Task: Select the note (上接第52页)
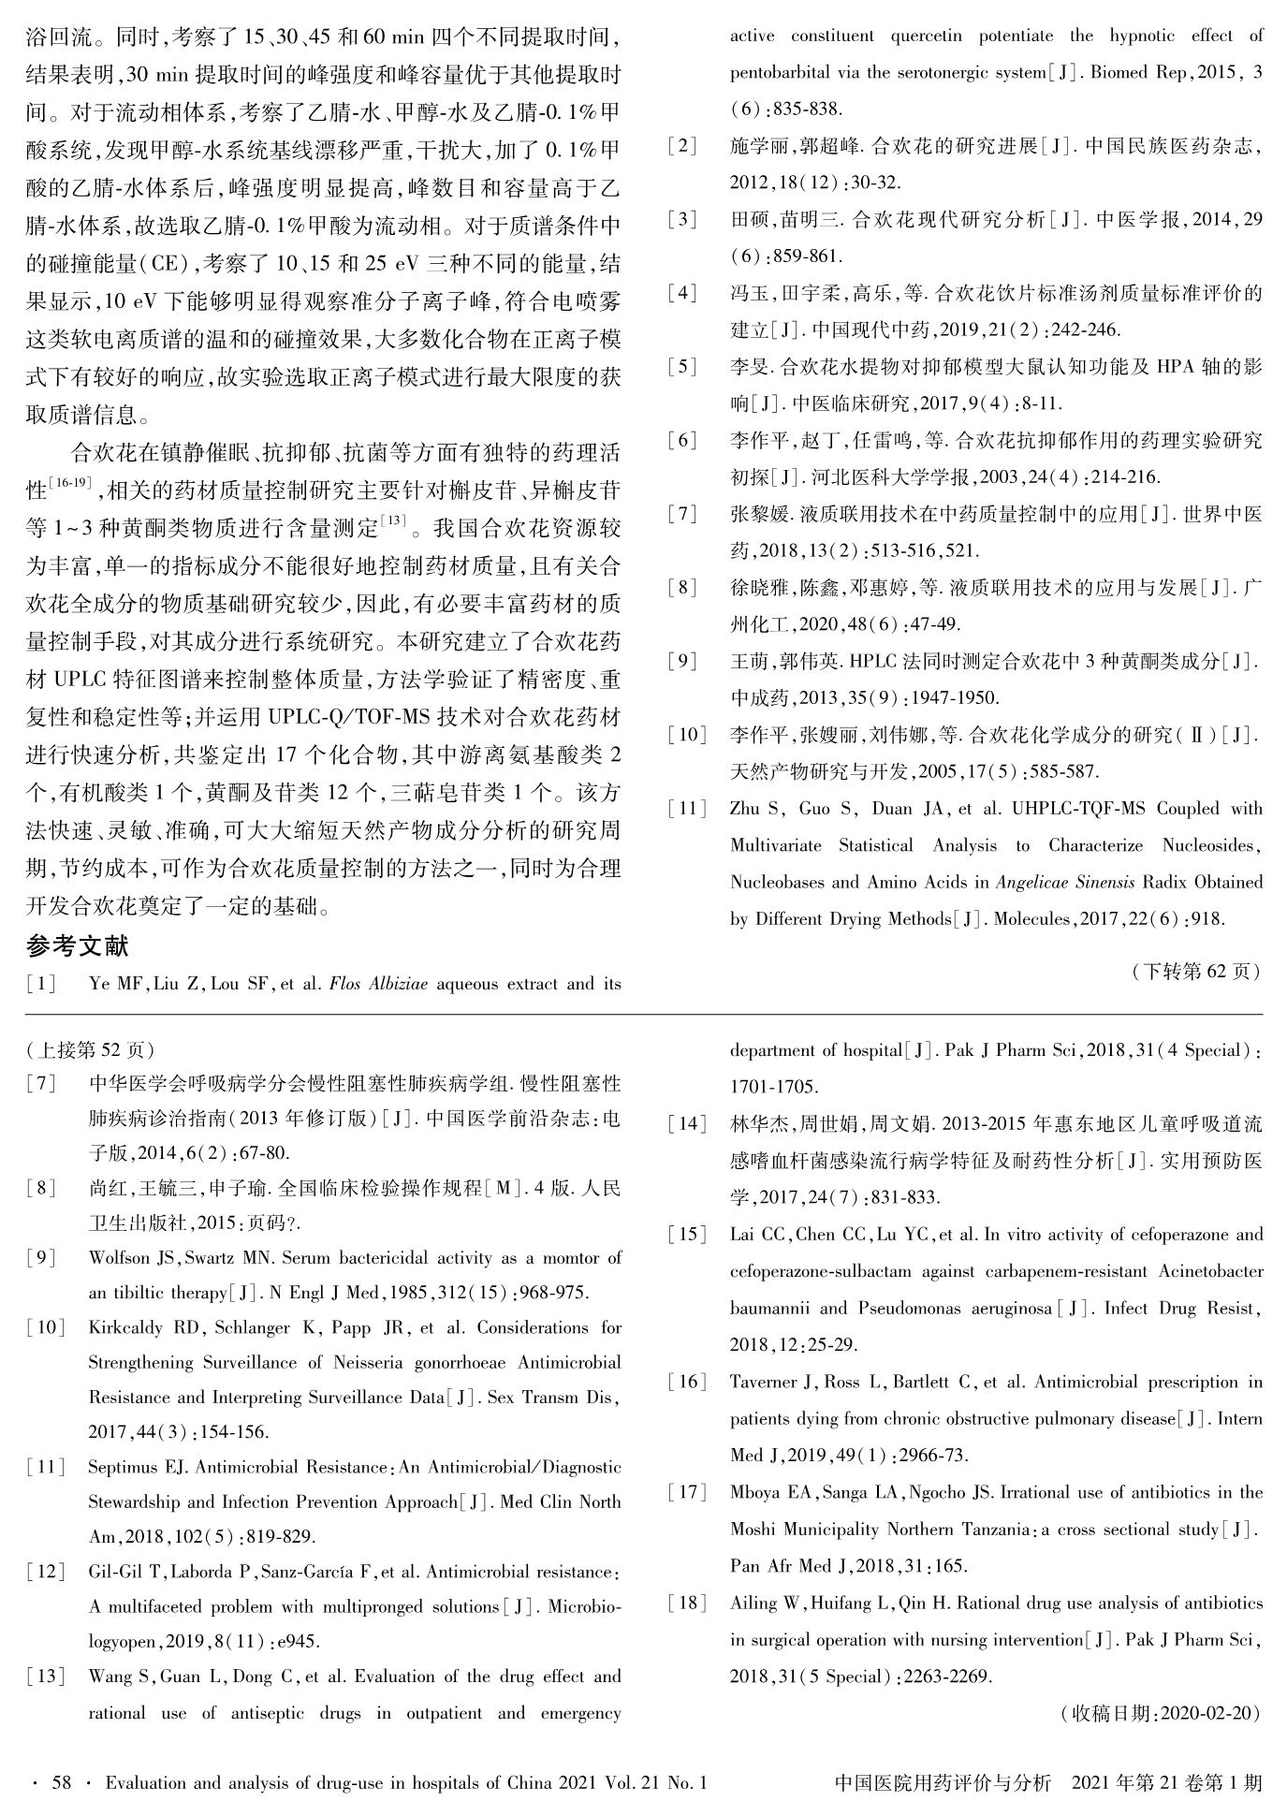91,1049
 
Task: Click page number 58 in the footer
61,1783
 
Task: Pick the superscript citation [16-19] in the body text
70,483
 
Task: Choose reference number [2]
682,146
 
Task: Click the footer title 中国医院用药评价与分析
943,1783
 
